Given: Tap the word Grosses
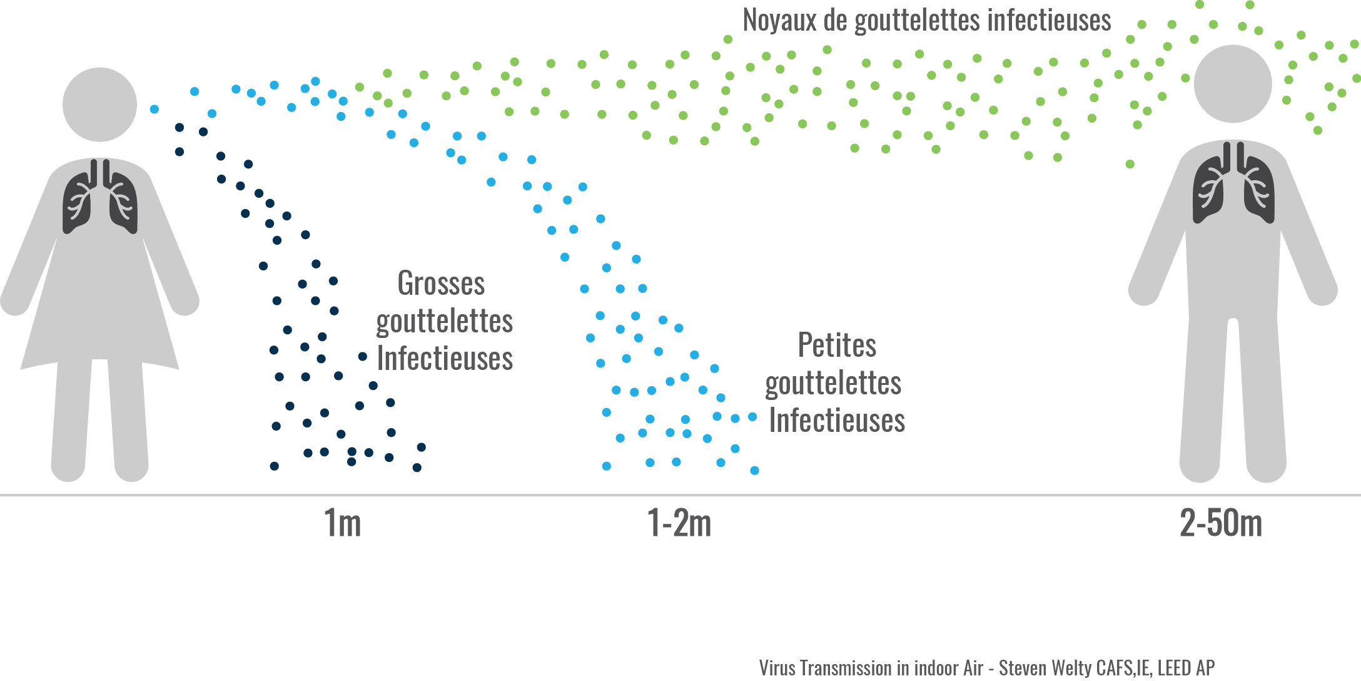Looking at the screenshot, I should [441, 284].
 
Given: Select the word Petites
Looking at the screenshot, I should [837, 346].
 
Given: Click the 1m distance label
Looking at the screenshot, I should [342, 523].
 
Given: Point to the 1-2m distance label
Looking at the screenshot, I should [679, 523].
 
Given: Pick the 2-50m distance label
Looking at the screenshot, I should [1220, 523].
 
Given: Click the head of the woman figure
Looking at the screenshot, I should [99, 105].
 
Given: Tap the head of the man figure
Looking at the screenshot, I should [1233, 84].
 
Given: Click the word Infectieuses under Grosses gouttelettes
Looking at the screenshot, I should [445, 359].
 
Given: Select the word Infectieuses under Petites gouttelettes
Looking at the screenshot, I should [837, 420].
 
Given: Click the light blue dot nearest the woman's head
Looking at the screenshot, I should [154, 110].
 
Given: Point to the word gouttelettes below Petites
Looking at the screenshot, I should [833, 383].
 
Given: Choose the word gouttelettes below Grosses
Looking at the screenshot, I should [444, 322].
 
